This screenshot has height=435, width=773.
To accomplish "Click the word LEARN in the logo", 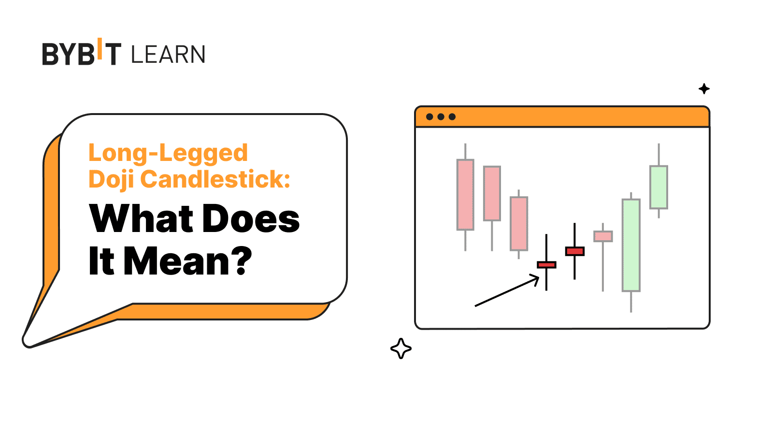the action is click(168, 54).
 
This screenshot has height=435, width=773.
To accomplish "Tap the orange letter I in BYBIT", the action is click(100, 49).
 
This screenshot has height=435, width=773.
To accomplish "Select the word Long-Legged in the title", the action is click(168, 153).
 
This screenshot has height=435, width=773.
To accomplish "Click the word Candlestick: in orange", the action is click(215, 179).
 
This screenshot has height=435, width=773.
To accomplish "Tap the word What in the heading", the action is click(141, 218).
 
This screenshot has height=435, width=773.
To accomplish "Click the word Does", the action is click(251, 218).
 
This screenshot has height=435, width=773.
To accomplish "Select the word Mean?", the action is click(188, 261).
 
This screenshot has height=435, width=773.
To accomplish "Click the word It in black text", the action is click(101, 261).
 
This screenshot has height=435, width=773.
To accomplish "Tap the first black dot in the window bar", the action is click(429, 116).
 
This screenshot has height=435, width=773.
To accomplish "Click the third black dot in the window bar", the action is click(452, 116).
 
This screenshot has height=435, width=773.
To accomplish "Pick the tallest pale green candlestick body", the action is click(631, 246).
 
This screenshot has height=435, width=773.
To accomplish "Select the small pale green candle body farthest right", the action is click(659, 188).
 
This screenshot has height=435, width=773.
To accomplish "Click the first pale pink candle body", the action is click(465, 195).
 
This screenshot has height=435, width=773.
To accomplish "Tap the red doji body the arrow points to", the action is click(546, 265).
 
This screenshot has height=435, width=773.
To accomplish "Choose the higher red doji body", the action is click(575, 251).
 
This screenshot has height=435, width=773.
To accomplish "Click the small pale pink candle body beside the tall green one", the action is click(603, 236).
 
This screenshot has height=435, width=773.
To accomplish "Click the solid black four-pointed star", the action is click(704, 89).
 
